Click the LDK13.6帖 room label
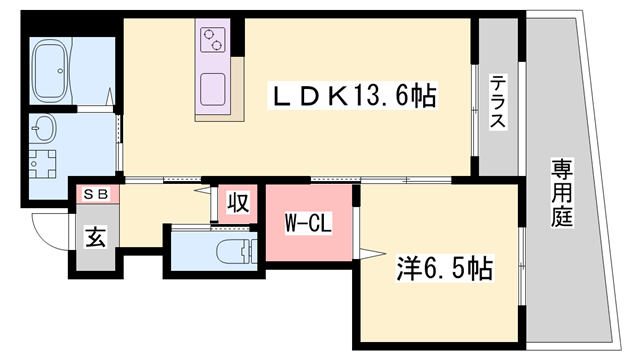coord(354,96)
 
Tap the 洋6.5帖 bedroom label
coord(445,268)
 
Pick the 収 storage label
coord(236,203)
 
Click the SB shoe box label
coord(95,194)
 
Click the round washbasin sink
coord(45,129)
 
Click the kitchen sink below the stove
coord(214,94)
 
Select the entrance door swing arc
coord(48,232)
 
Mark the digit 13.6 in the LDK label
coord(383,96)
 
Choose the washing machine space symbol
coord(43,163)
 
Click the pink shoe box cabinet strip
coord(95,194)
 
